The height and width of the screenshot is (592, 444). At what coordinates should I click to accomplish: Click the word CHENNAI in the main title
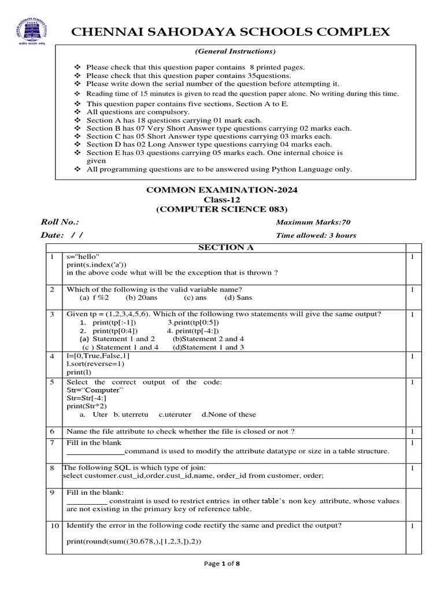click(102, 32)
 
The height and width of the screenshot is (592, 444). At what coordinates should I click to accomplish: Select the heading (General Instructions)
click(234, 51)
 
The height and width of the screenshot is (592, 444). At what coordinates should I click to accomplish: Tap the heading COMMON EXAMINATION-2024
click(222, 189)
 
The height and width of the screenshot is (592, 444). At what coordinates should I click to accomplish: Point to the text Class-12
click(222, 199)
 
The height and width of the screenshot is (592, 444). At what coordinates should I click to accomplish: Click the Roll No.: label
click(60, 222)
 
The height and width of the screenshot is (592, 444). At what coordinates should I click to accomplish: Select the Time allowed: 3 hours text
click(316, 235)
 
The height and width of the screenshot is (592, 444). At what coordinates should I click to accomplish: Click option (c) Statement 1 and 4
click(120, 347)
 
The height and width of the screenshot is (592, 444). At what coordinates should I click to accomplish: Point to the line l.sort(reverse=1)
click(95, 364)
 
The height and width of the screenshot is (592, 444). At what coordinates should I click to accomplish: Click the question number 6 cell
click(52, 431)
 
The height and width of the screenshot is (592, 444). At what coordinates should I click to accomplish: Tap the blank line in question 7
click(95, 452)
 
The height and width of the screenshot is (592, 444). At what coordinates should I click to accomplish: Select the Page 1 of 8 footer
click(222, 564)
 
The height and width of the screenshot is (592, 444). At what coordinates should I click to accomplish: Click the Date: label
click(53, 235)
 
